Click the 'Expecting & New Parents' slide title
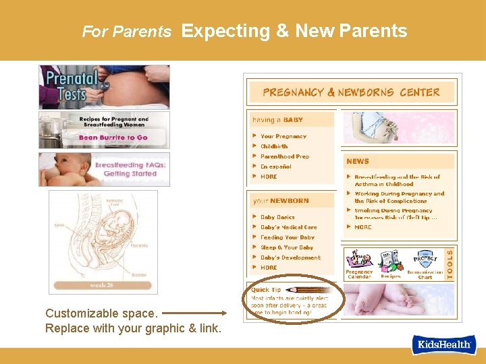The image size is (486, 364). [x=294, y=31]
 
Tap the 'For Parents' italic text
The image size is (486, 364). [x=126, y=32]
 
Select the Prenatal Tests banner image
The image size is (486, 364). [x=104, y=86]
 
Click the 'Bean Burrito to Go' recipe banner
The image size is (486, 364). [x=104, y=130]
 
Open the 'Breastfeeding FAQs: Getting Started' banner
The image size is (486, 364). [x=104, y=169]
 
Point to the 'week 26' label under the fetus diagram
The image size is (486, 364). [x=103, y=285]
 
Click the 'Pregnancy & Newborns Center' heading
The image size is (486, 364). [x=351, y=92]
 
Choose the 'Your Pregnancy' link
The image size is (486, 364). [x=283, y=136]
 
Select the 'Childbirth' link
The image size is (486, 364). [x=274, y=146]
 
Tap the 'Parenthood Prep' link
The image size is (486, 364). [x=285, y=156]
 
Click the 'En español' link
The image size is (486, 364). [x=276, y=166]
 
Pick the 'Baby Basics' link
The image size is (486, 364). [x=277, y=217]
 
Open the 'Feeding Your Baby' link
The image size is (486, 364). [x=288, y=237]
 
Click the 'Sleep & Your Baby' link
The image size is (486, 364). [x=288, y=247]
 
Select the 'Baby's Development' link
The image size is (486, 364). [x=290, y=257]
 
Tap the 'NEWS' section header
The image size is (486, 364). [x=358, y=161]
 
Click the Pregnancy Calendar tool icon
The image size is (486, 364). [x=359, y=263]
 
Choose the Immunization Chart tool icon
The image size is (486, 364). [x=425, y=264]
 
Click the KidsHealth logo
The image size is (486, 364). [x=444, y=345]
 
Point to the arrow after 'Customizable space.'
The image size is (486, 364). [x=194, y=313]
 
